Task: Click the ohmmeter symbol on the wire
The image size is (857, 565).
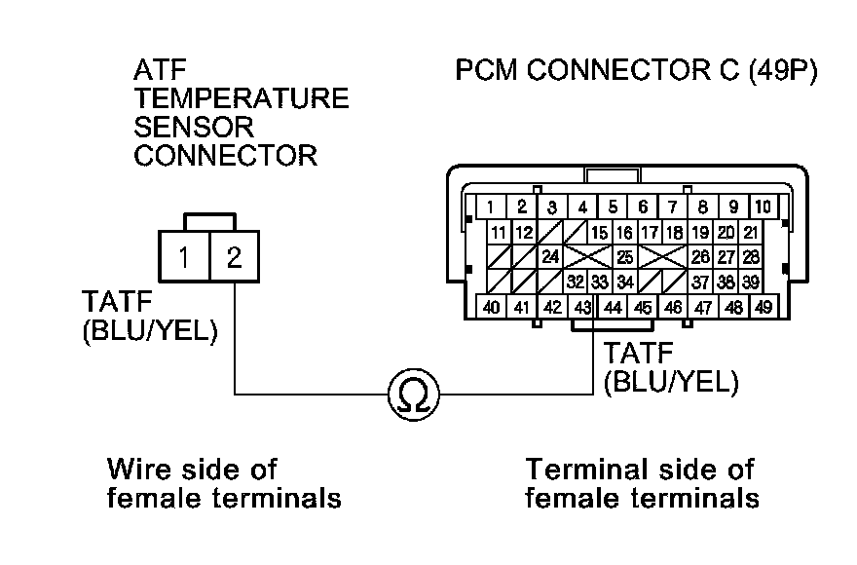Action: tap(413, 394)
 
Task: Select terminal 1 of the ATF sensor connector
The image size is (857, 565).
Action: tap(182, 258)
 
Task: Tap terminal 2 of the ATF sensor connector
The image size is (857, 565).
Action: tap(234, 258)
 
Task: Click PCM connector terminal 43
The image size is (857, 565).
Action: tap(582, 308)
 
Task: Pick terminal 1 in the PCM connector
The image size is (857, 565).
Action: tap(492, 207)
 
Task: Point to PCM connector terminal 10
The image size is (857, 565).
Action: tap(763, 207)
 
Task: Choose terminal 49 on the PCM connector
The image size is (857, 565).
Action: tap(763, 308)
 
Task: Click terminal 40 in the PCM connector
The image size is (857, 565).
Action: tap(493, 308)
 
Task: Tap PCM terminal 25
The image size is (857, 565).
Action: tap(625, 258)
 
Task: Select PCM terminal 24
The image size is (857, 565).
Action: tap(550, 258)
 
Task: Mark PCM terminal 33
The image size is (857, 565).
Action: tap(600, 282)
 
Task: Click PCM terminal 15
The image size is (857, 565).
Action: tap(600, 233)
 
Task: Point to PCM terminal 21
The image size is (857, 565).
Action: tap(750, 233)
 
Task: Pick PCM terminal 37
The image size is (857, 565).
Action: tap(700, 282)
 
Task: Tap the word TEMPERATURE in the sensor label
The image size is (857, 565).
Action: tap(242, 98)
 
